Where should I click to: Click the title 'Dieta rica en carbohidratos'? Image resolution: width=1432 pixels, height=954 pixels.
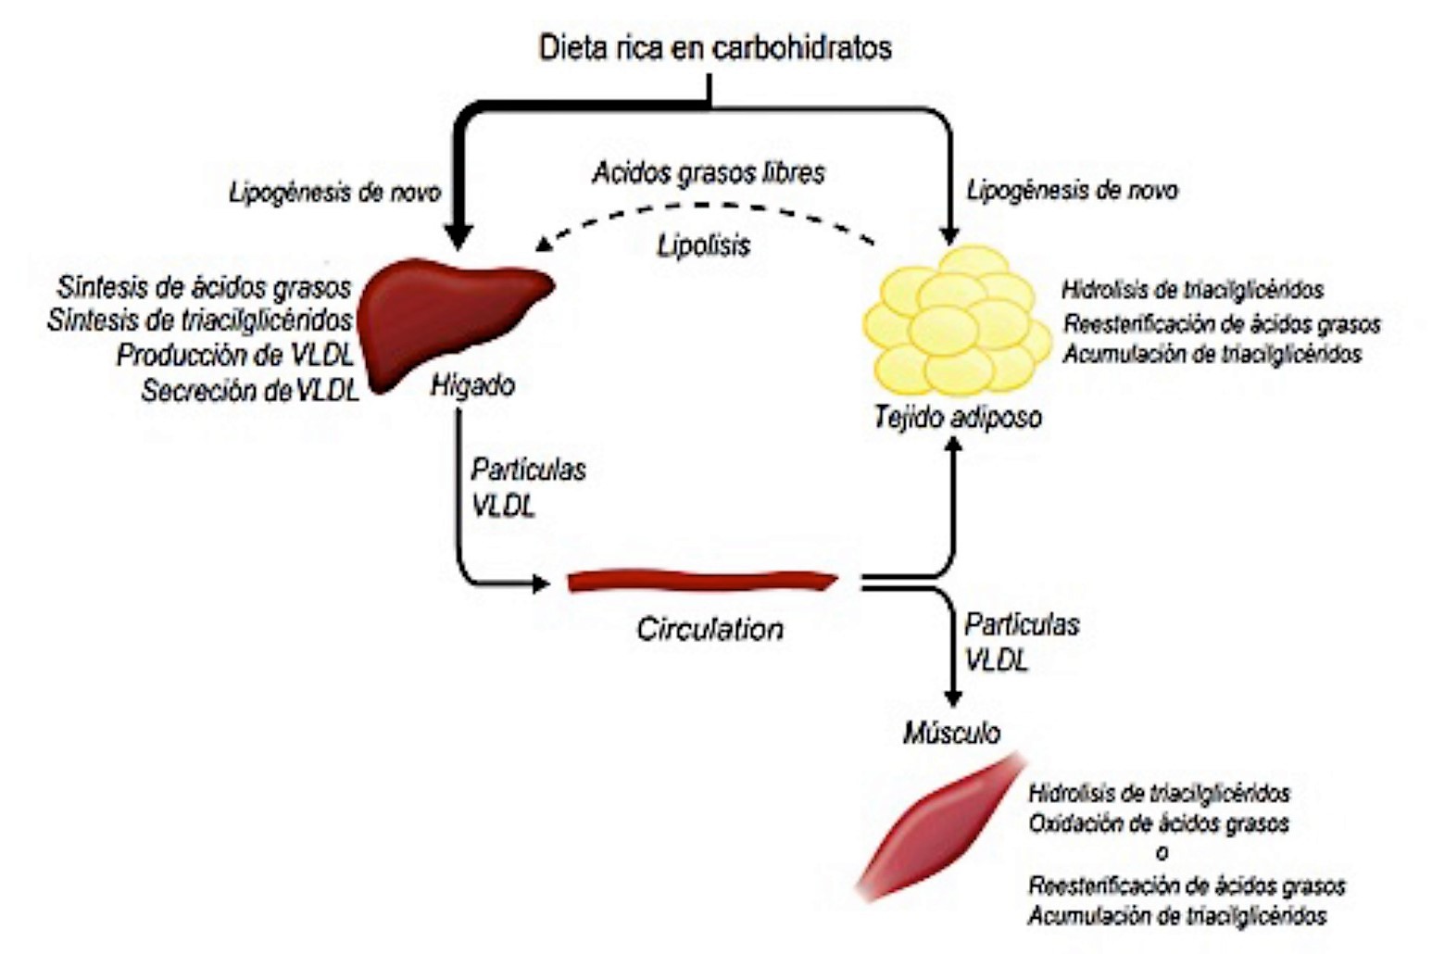point(714,47)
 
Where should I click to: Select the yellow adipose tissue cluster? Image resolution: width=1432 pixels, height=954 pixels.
point(957,320)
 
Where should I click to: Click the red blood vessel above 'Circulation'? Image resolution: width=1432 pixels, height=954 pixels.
point(702,582)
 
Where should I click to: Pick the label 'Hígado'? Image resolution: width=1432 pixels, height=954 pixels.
point(472,384)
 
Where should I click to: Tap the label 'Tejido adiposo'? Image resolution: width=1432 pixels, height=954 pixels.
point(957,417)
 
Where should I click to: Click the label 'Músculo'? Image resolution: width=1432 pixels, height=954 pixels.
point(951,733)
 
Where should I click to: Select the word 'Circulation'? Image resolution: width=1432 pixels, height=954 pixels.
point(710,629)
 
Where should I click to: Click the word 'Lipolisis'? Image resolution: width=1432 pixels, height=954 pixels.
point(704,245)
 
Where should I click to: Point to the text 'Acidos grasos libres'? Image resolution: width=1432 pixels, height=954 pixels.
point(709,173)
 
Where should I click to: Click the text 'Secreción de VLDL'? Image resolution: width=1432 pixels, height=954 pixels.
point(250,392)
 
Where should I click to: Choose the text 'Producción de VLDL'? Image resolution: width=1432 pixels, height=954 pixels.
point(235,356)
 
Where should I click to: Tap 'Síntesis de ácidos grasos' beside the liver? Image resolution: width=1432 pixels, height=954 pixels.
point(204,287)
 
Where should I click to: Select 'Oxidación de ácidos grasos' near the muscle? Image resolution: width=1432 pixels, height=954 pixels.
point(1159,822)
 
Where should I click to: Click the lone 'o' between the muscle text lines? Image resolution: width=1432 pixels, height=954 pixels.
point(1161,853)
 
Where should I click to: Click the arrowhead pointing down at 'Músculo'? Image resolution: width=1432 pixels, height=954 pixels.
point(951,699)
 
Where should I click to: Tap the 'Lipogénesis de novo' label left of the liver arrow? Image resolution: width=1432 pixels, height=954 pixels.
point(334,193)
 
